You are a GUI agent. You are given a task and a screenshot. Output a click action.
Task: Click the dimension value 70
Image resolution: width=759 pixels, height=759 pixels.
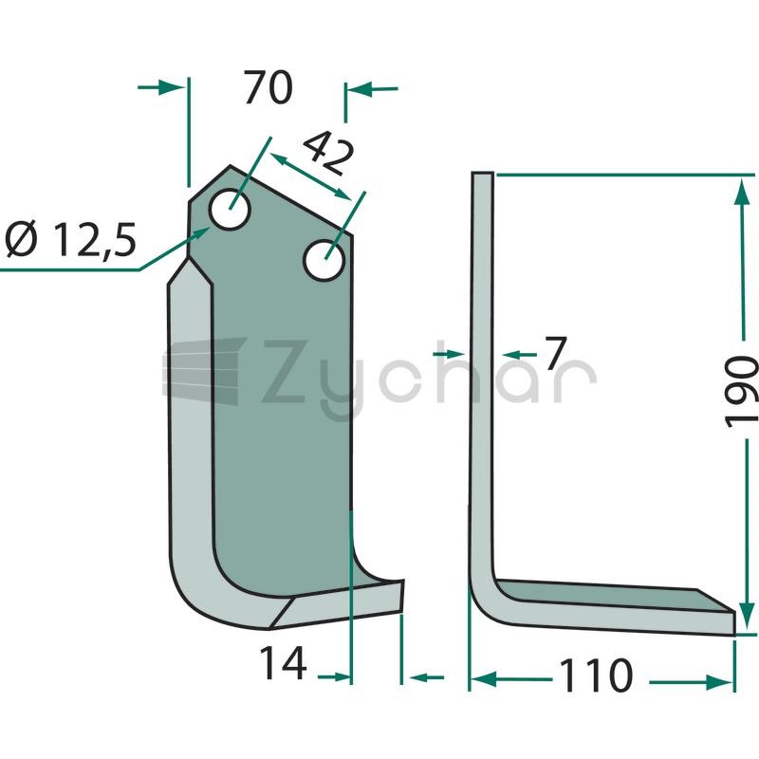(268, 87)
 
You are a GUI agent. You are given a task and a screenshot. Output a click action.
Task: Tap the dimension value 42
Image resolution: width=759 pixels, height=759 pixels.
(327, 153)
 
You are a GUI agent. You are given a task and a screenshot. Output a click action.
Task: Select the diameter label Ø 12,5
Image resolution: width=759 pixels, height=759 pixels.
(70, 239)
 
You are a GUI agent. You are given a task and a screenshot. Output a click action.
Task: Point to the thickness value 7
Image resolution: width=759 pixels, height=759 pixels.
(555, 353)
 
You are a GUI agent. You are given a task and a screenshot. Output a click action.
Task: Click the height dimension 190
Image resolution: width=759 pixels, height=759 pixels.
(741, 391)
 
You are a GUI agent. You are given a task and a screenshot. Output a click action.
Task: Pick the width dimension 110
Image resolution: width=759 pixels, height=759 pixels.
(596, 675)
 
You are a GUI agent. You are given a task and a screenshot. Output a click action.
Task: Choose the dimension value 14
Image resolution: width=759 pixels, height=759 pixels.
(283, 662)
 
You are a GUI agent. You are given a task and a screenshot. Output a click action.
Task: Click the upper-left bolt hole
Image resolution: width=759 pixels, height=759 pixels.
(230, 209)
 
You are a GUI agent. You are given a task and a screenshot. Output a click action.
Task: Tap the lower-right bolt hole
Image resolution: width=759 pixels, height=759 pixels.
(324, 260)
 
